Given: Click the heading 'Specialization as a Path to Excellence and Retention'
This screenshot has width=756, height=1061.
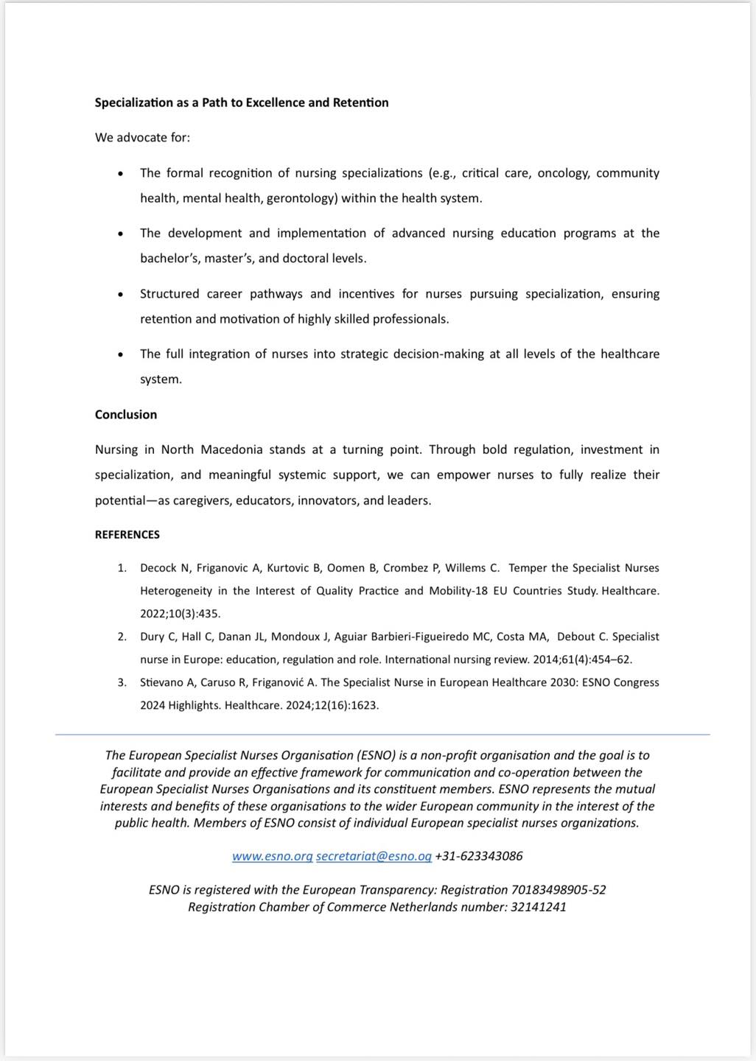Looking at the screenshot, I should click(x=242, y=102).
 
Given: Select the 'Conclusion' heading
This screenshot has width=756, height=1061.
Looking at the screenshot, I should click(x=126, y=415).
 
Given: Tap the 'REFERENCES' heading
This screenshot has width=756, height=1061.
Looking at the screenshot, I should click(x=127, y=535).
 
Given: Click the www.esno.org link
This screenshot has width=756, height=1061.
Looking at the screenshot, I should click(x=273, y=856).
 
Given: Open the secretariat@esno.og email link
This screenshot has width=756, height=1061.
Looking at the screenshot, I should click(x=374, y=856).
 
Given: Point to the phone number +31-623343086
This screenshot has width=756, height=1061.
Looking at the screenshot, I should click(x=479, y=856).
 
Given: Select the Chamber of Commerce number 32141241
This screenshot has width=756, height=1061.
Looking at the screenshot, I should click(x=539, y=907).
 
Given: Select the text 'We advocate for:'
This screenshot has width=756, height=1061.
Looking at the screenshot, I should click(x=142, y=138).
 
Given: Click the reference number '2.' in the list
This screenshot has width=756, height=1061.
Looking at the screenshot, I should click(x=122, y=637).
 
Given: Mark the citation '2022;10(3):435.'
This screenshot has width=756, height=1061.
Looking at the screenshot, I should click(x=181, y=614).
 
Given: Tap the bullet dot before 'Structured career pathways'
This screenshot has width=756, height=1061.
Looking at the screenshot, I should click(x=120, y=294).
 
